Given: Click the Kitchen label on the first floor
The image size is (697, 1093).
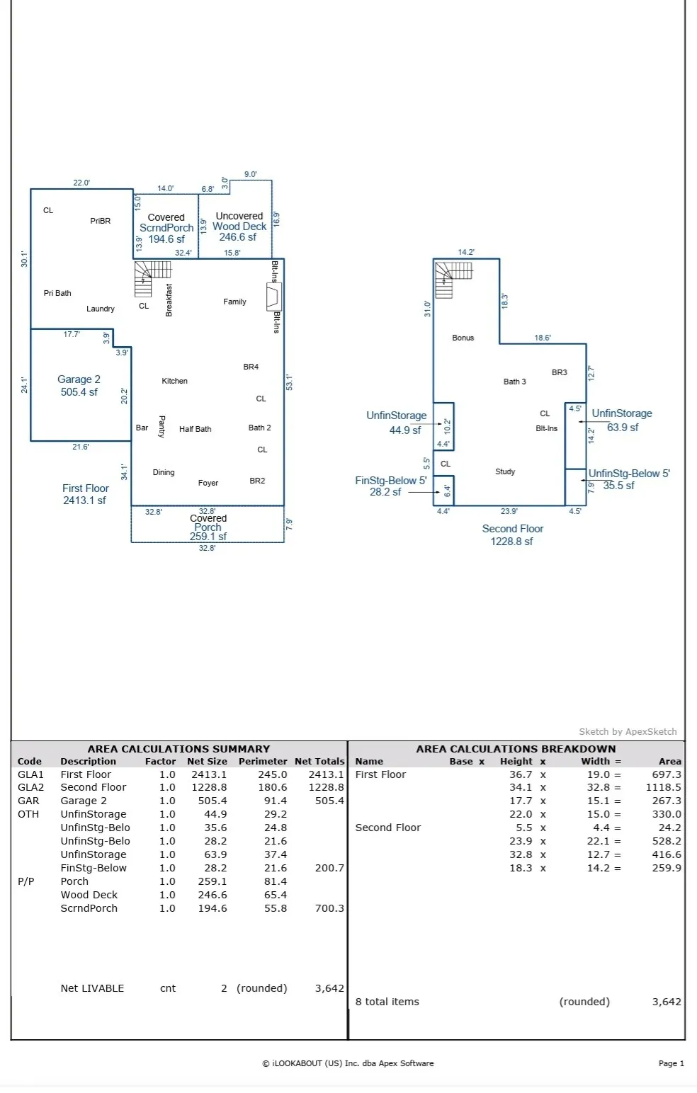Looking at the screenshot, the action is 175,381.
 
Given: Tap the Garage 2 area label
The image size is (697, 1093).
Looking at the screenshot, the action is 79,386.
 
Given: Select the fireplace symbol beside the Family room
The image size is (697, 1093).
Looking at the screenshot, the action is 273,297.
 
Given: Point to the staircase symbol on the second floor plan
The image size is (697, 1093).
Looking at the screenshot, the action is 453,280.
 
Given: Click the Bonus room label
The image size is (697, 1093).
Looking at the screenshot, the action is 463,338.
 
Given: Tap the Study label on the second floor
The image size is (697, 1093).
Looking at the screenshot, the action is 505,472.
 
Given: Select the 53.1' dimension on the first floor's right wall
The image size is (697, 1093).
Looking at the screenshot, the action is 290,382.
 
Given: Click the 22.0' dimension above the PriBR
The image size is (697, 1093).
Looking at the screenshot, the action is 81,183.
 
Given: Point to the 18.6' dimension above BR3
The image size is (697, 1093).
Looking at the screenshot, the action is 543,338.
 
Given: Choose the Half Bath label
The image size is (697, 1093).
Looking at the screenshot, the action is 195,430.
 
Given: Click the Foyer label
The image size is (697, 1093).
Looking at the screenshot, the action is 208,483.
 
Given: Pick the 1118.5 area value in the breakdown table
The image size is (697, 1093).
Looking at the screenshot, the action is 663,788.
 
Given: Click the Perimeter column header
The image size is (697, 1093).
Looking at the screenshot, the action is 263,761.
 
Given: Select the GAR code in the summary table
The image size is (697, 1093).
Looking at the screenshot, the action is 28,801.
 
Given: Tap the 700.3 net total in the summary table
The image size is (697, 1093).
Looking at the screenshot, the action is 329,908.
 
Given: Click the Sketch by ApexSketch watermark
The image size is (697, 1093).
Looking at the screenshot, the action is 628,731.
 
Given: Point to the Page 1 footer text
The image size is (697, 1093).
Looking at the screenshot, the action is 671,1063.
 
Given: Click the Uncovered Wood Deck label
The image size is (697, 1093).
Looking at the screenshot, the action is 239,227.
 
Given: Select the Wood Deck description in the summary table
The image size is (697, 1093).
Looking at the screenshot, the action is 89,895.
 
